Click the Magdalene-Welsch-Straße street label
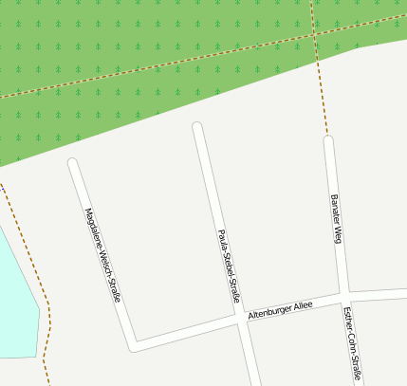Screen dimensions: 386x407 [103, 255]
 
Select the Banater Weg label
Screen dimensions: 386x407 [335, 219]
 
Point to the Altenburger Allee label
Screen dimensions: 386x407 [280, 310]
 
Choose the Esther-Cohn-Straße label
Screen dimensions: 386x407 [352, 342]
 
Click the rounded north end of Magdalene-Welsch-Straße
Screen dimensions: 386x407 [73, 164]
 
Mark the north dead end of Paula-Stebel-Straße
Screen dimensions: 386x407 [197, 127]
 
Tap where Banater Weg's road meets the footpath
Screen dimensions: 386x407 [328, 140]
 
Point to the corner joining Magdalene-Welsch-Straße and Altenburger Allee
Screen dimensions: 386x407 [133, 345]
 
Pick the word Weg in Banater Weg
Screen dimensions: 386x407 [337, 234]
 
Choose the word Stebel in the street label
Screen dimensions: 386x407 [228, 260]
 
